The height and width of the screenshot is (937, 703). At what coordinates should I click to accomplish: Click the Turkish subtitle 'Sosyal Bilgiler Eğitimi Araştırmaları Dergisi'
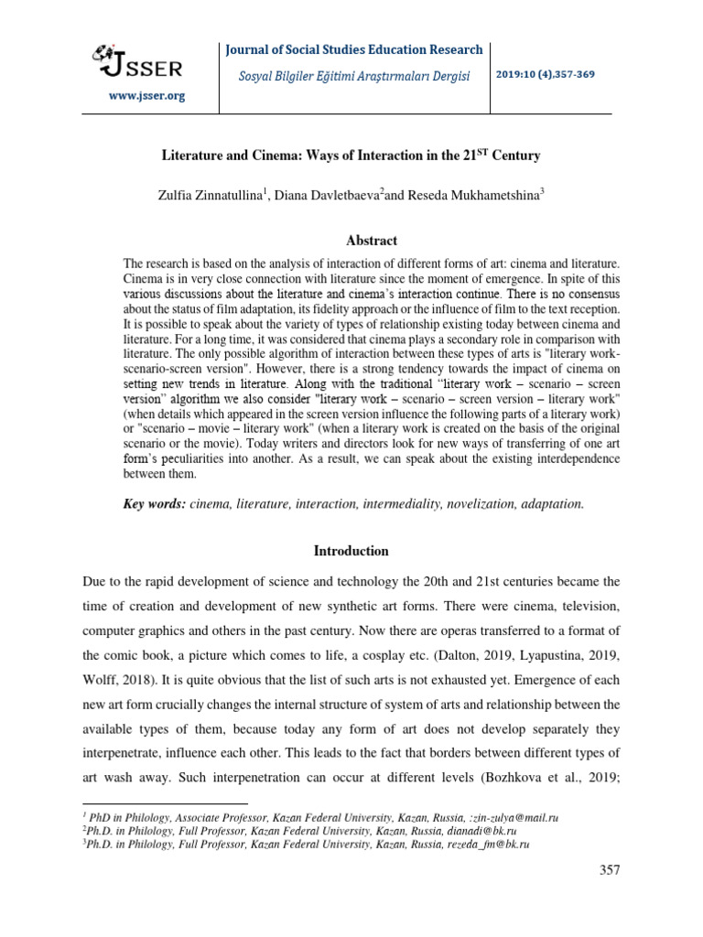[348, 76]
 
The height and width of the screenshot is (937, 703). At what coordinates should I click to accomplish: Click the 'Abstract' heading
[371, 241]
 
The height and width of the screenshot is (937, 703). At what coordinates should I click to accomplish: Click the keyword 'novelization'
[475, 503]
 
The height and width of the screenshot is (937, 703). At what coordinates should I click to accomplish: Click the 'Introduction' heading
[351, 551]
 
